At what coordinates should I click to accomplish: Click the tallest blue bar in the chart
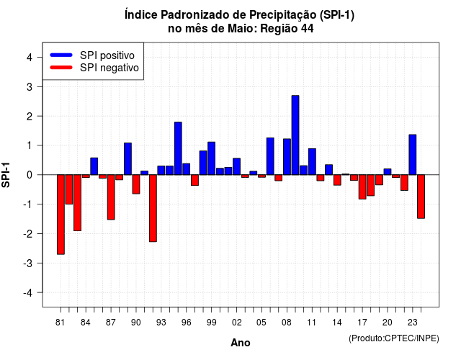pos(295,135)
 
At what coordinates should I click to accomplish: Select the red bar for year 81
pos(61,215)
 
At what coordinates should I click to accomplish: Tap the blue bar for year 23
pos(413,155)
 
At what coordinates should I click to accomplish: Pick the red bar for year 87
pos(111,197)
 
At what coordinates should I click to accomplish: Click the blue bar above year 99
pos(211,158)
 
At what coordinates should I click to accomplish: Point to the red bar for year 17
pos(362,187)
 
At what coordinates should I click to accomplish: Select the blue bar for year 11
pos(312,161)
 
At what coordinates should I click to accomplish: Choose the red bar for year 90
pos(136,184)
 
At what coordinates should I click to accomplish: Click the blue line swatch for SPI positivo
pos(61,55)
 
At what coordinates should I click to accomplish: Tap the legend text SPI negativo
pos(109,68)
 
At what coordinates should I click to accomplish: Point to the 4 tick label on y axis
pos(30,58)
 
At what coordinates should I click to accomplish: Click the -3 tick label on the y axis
pos(28,263)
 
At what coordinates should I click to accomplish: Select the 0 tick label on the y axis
pos(30,175)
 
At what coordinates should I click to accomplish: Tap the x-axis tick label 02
pos(236,323)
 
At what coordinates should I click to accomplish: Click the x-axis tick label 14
pos(337,323)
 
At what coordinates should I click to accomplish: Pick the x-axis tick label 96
pos(186,323)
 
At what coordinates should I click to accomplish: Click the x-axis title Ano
pos(241,343)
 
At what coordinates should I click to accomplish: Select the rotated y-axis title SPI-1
pos(6,175)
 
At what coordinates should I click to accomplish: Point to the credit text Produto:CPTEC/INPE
pos(394,338)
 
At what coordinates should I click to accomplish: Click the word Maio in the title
pos(242,29)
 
